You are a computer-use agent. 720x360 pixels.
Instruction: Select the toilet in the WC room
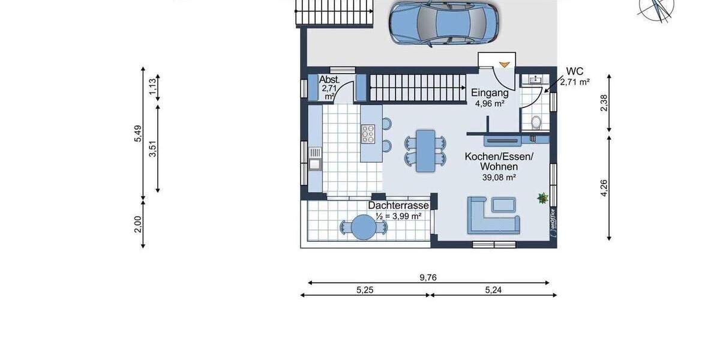[537, 122]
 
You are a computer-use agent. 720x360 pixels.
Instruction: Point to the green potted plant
[542, 197]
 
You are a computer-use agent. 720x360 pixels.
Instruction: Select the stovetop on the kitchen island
[368, 134]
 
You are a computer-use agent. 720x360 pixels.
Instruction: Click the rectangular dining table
[426, 150]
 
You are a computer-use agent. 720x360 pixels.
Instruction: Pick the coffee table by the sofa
[503, 205]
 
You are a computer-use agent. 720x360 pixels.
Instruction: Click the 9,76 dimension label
[428, 277]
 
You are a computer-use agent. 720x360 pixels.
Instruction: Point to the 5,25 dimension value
[365, 289]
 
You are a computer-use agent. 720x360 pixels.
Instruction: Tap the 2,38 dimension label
[604, 104]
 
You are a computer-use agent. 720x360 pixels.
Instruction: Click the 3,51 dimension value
[153, 149]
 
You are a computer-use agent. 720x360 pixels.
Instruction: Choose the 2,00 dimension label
[137, 223]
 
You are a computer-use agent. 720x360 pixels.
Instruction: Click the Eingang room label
[490, 93]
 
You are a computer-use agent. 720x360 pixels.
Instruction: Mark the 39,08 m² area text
[499, 177]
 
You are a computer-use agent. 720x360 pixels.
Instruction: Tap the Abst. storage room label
[329, 80]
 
